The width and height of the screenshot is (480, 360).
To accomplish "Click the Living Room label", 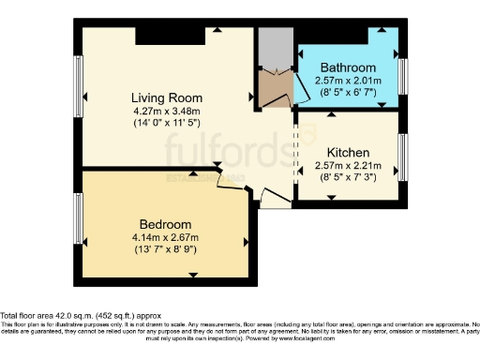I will (166, 97).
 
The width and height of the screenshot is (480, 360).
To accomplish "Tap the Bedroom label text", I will (165, 224).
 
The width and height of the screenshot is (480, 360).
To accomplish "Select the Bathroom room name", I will (348, 68).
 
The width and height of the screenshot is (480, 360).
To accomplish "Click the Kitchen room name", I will (347, 152).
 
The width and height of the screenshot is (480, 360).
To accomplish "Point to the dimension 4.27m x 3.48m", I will (166, 110).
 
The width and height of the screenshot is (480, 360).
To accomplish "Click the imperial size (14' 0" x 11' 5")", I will (166, 122).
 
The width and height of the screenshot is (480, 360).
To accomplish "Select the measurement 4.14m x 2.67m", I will (165, 237).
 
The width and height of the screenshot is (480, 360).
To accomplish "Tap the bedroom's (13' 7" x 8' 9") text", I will (165, 249).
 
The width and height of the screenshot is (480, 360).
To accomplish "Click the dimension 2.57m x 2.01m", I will (348, 82).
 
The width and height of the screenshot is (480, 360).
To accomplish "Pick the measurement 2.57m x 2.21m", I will (347, 165).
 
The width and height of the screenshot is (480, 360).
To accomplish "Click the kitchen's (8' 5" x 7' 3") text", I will (347, 177).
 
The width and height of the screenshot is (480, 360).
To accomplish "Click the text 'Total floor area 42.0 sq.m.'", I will (56, 316).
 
